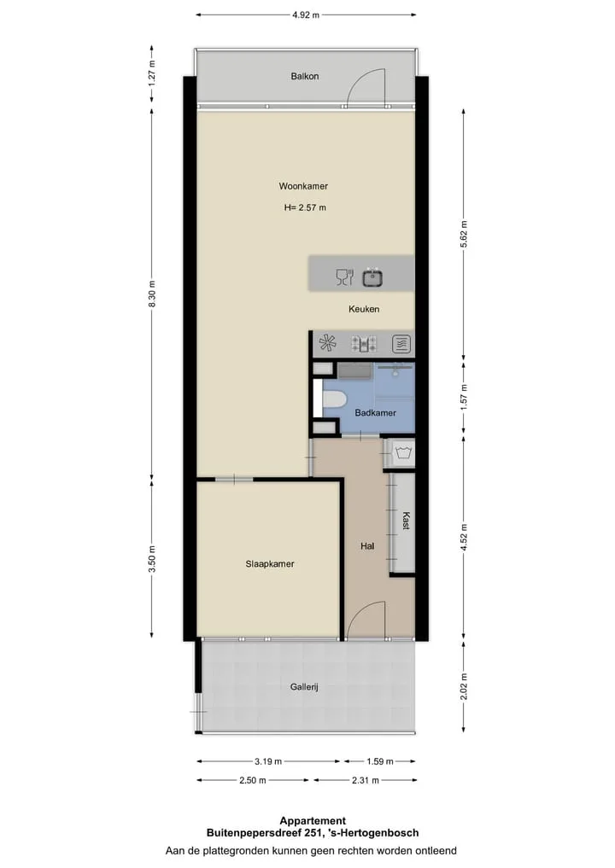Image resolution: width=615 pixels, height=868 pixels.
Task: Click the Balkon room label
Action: [305, 77]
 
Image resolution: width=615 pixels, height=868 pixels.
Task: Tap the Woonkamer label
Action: [303, 186]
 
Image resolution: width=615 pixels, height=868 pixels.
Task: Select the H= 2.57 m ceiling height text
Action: [305, 207]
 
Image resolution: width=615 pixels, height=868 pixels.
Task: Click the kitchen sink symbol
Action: [373, 277]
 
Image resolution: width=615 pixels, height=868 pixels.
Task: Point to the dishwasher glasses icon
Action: [344, 277]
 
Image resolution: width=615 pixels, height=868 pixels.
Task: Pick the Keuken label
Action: [364, 309]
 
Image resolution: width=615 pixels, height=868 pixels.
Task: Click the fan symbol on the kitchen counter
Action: [327, 343]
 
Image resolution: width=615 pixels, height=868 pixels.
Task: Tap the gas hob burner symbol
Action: [364, 344]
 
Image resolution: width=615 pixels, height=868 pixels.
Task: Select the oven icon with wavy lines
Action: [401, 344]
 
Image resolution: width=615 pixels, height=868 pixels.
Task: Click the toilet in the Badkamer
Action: [334, 399]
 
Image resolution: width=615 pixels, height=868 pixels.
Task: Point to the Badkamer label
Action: [376, 412]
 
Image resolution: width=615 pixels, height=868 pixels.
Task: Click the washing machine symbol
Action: [403, 453]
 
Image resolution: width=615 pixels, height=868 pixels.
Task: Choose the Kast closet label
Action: [406, 521]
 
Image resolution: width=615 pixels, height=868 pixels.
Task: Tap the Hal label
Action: [367, 546]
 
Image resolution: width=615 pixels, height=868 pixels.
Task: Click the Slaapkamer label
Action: [270, 563]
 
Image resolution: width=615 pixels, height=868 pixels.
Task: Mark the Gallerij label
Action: [304, 687]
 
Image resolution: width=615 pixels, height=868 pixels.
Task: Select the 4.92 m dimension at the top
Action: [306, 15]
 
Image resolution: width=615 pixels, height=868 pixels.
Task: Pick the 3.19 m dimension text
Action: [268, 761]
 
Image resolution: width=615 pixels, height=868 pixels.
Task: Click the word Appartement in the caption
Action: [313, 821]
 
